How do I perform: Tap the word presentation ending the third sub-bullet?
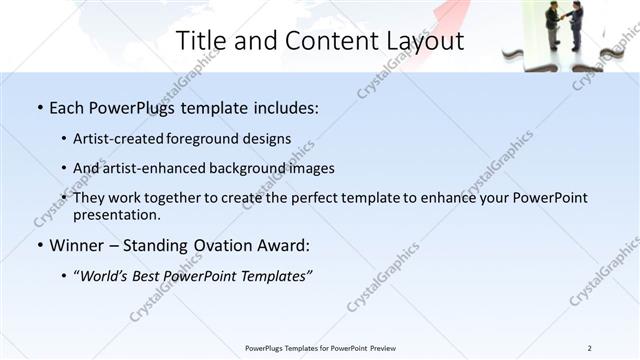click(116, 215)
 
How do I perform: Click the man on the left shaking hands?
click(553, 24)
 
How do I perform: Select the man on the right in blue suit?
click(580, 26)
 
